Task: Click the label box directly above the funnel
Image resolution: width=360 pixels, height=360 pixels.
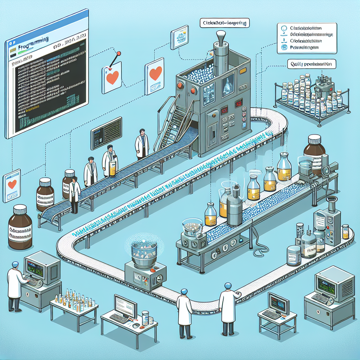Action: (x=225, y=24)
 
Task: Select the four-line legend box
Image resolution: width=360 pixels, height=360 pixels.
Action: (x=307, y=38)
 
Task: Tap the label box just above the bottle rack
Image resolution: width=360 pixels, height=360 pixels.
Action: (x=309, y=64)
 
